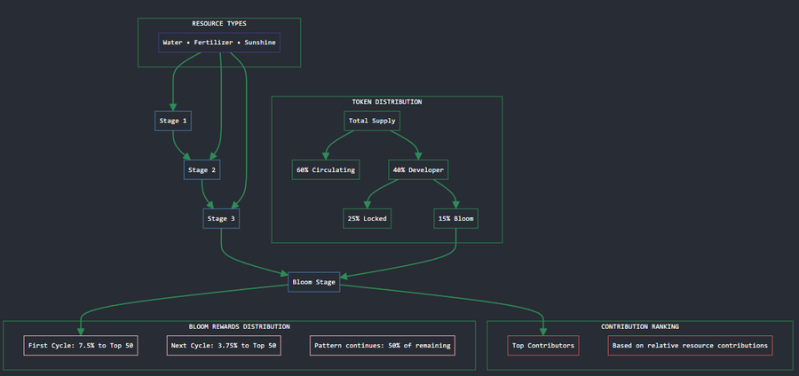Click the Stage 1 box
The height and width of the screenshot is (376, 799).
click(x=173, y=121)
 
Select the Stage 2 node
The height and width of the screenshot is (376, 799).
click(x=202, y=169)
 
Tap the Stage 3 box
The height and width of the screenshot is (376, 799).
click(x=221, y=219)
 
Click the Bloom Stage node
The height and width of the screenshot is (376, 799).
click(x=314, y=282)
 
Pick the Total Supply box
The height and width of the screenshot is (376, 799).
click(x=372, y=121)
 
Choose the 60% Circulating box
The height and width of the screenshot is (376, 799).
click(x=326, y=169)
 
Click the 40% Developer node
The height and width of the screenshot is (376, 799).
click(x=418, y=169)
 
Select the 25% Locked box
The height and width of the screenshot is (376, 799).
click(x=367, y=219)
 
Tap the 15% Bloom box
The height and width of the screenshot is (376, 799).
click(x=455, y=219)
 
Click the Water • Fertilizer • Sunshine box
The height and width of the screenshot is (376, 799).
click(x=219, y=43)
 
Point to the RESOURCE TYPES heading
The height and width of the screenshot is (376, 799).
click(x=219, y=23)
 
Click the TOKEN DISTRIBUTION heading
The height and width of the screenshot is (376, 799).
click(x=387, y=102)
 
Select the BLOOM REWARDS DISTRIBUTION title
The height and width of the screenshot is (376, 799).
click(x=240, y=326)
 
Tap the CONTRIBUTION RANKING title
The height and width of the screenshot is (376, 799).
click(x=640, y=326)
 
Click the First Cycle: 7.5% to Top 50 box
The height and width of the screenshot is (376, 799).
click(x=81, y=346)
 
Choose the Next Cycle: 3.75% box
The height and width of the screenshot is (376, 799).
click(x=224, y=346)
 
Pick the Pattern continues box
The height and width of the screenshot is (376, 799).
click(x=382, y=346)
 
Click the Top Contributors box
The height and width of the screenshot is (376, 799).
click(x=543, y=346)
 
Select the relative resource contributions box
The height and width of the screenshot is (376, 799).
click(x=690, y=346)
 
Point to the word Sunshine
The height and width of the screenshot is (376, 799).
click(x=260, y=43)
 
